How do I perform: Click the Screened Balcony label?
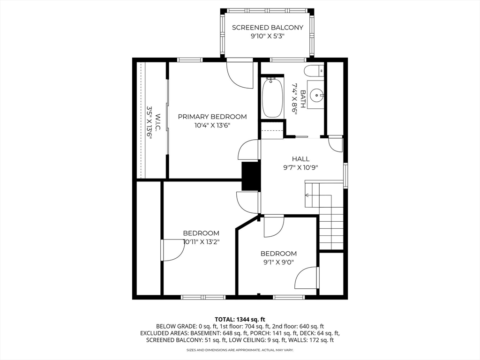[268, 28]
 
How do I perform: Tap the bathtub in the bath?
[272, 98]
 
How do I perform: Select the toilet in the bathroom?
[314, 71]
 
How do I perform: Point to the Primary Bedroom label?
[212, 117]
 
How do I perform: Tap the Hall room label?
[300, 159]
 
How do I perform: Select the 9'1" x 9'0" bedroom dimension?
[278, 262]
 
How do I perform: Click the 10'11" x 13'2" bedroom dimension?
[201, 242]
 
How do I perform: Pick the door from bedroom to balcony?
[239, 73]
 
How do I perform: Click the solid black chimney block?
[251, 176]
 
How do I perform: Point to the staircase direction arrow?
[308, 195]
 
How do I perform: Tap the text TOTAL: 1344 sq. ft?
[240, 319]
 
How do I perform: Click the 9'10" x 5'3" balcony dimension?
[268, 36]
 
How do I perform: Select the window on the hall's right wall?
[345, 175]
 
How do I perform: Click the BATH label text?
[303, 99]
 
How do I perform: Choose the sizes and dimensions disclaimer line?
[240, 350]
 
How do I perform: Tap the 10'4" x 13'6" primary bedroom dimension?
[212, 125]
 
